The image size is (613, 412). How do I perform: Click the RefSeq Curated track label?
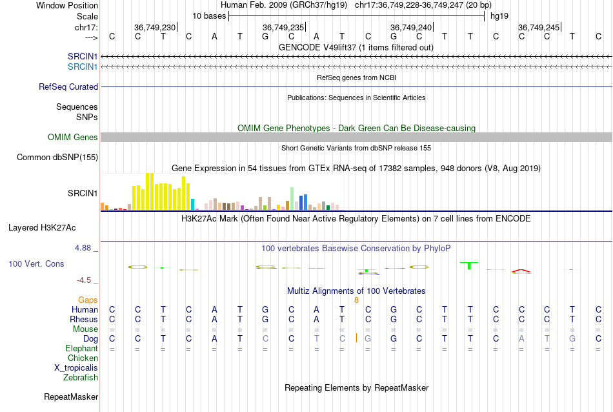point(68,87)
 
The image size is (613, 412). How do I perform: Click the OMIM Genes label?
point(73,138)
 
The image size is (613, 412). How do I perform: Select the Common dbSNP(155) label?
point(57,158)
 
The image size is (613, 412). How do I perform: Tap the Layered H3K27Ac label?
point(42,228)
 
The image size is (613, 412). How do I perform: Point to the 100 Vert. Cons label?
point(36,263)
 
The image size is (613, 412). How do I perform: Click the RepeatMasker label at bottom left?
point(71,397)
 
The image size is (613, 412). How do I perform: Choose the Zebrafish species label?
point(81,378)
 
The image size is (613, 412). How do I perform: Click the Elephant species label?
point(82,348)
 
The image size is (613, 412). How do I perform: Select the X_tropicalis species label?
point(76,368)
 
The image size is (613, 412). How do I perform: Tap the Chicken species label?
point(83,358)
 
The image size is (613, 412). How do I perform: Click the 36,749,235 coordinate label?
point(283,27)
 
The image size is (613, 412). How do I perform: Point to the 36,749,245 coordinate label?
point(539,27)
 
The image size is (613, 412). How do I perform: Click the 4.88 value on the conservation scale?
point(83,248)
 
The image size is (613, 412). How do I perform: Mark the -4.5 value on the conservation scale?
point(84,280)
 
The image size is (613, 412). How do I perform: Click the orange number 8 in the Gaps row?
point(357,300)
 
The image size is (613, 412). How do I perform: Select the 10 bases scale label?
point(209,16)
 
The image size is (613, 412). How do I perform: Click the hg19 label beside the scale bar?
point(499,16)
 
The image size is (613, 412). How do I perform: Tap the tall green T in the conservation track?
point(470,265)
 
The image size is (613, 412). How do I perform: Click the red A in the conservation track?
point(521,271)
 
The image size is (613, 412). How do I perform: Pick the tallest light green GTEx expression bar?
point(292,199)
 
